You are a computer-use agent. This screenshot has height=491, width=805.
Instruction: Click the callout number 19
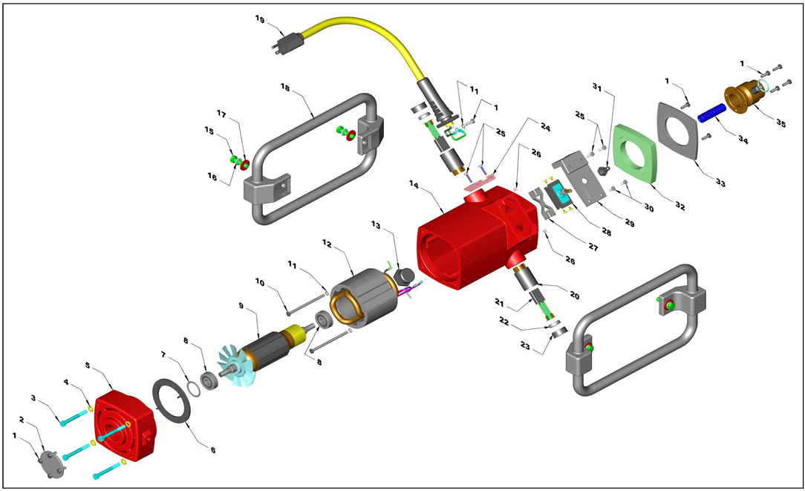(258, 19)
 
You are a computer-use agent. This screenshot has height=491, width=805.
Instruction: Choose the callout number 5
(88, 365)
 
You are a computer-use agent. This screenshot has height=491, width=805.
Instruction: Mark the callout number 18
(284, 87)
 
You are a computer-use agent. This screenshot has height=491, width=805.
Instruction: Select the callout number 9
(241, 305)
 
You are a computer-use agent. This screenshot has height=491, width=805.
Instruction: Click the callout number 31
(596, 85)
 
